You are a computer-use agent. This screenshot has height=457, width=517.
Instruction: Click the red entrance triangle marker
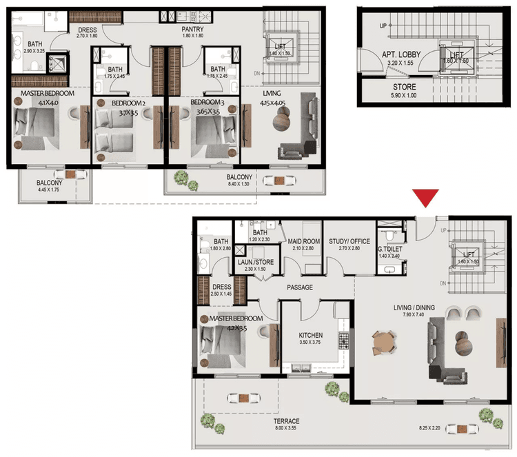point(428,198)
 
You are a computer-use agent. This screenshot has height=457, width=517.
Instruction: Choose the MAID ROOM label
point(303,241)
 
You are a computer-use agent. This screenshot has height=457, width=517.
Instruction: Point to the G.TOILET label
point(390,248)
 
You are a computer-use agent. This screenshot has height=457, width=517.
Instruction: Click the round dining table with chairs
point(383,342)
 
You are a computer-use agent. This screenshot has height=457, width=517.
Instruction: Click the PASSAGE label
point(300,287)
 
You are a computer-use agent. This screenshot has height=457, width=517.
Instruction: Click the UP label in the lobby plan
point(383,27)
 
